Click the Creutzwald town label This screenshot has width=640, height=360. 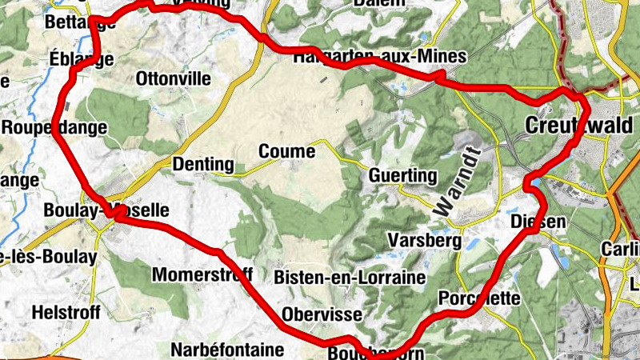(579, 126)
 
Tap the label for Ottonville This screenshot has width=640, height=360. (174, 79)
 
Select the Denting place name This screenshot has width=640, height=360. (203, 166)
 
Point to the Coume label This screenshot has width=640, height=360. (286, 150)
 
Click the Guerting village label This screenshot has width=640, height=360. (403, 175)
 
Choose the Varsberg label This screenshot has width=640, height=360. (424, 240)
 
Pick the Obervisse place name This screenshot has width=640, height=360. (322, 314)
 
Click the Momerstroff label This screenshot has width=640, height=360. (202, 275)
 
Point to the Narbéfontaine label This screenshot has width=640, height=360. (227, 350)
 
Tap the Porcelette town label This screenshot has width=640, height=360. (479, 298)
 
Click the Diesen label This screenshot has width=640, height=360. (538, 222)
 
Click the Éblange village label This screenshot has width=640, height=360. (79, 58)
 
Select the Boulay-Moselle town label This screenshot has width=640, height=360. (107, 210)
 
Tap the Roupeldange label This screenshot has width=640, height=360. (54, 127)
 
